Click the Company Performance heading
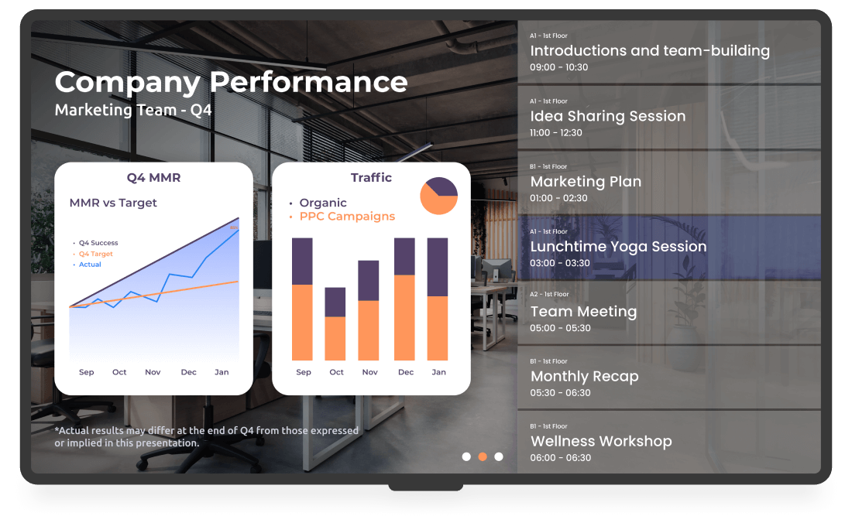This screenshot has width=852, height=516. tap(231, 83)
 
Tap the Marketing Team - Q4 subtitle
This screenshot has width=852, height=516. tap(133, 110)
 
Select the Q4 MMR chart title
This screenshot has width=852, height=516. tap(154, 178)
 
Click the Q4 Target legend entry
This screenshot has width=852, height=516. tap(95, 254)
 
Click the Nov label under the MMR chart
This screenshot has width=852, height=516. tap(153, 372)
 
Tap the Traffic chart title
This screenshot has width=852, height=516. tap(371, 178)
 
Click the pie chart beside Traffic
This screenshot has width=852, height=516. tap(438, 196)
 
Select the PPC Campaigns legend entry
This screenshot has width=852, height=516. tap(347, 217)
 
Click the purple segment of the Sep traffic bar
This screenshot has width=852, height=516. tap(302, 261)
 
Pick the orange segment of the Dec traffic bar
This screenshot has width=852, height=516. tap(404, 318)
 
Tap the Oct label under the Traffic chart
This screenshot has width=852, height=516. tap(336, 372)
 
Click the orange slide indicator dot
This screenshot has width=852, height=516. tap(483, 457)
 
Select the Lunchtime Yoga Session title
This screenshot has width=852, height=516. tap(618, 247)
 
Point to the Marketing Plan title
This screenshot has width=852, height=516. tap(586, 181)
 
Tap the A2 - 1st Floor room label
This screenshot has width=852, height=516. tap(549, 294)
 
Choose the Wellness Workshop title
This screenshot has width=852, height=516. tap(602, 441)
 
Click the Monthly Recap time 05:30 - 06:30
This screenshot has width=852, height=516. tap(560, 393)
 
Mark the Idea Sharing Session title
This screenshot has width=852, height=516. tap(608, 116)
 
